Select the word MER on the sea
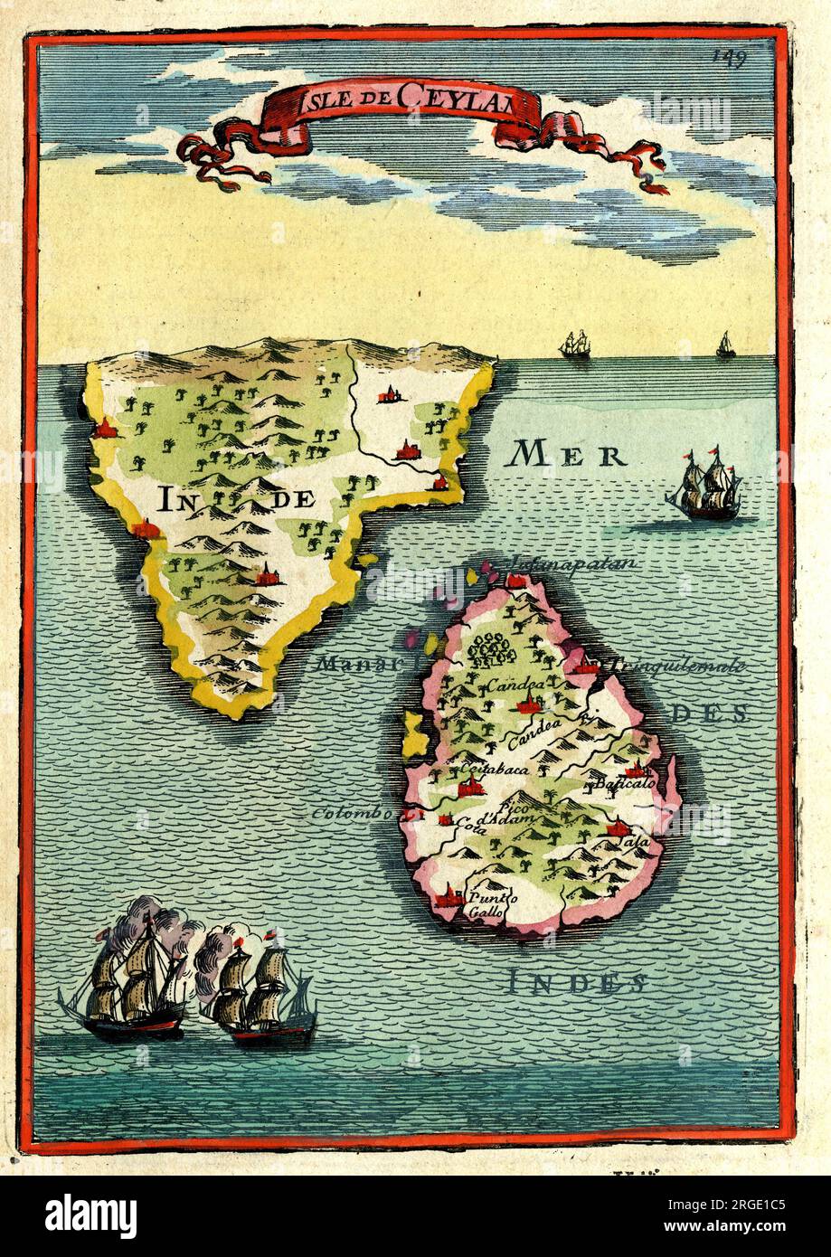[x=567, y=455]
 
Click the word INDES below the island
[x=576, y=981]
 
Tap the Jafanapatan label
[x=572, y=563]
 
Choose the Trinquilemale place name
[x=677, y=666]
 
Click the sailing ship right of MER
[x=705, y=487]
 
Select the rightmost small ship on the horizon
[x=725, y=345]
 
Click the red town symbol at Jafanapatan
[x=516, y=579]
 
